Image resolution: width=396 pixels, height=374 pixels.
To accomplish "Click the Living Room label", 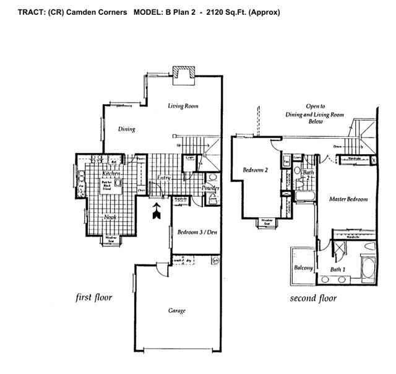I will [x=183, y=107].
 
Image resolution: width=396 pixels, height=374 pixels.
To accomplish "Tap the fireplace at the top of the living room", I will [x=183, y=74].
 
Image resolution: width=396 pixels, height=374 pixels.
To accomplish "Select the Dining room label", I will [x=126, y=129].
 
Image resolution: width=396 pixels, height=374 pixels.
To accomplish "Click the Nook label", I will [x=111, y=217].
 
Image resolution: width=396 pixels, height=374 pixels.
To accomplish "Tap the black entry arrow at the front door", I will [x=157, y=211].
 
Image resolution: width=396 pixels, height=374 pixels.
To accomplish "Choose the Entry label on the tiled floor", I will [x=164, y=178].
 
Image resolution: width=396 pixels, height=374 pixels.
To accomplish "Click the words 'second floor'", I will [x=313, y=298].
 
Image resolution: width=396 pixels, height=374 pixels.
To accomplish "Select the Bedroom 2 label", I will [x=255, y=171].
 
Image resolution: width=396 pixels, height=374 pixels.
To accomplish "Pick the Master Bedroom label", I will [x=348, y=199].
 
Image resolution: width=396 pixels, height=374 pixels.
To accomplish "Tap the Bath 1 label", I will [x=338, y=270].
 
